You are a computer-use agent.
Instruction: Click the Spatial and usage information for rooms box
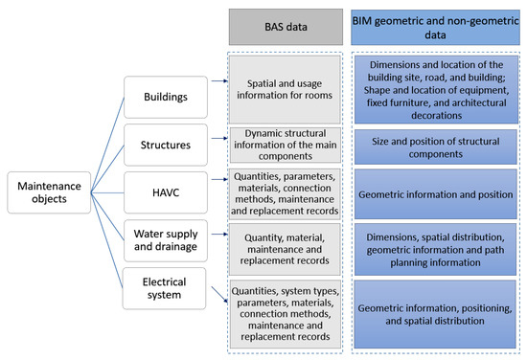(x=285, y=90)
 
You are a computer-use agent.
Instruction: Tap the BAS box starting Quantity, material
(x=285, y=248)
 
